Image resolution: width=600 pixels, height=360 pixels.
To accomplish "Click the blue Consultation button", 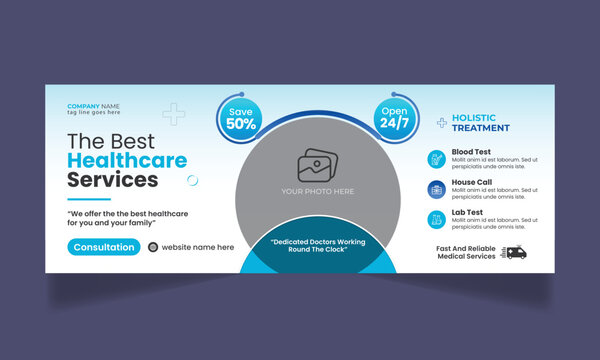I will tap(104, 247).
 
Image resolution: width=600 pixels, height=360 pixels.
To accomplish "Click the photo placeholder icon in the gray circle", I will tap(319, 164).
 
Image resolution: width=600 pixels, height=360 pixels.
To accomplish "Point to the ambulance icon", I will tap(515, 252).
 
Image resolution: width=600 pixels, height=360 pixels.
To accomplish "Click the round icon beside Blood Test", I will tap(436, 158).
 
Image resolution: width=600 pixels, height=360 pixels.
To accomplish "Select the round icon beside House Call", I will tap(436, 188).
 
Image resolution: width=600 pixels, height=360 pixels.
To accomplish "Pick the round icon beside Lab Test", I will tap(436, 218).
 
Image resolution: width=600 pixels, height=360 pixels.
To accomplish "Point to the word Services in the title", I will tap(112, 180).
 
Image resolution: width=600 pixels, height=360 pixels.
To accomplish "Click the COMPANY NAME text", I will tap(93, 106).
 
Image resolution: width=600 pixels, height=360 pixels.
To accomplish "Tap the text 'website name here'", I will tap(198, 247).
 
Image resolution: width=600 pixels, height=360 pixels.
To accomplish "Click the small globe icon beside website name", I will tap(153, 247).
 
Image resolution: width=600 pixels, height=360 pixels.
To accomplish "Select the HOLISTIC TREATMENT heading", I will tap(481, 123).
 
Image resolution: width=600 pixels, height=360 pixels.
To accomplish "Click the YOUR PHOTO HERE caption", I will tap(319, 190).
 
